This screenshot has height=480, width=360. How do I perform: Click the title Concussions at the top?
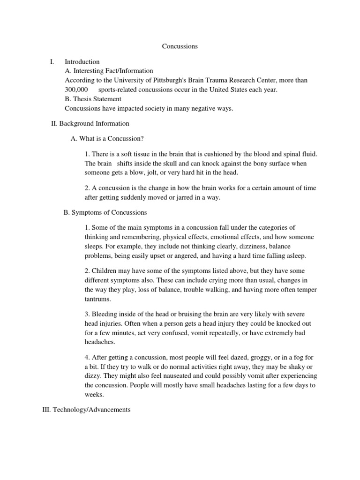coord(180,46)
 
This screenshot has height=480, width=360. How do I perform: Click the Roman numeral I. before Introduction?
coord(52,62)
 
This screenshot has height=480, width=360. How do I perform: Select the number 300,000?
coord(75,90)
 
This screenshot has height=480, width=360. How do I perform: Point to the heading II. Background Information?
coord(90,124)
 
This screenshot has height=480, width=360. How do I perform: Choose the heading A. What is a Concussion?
coord(107,139)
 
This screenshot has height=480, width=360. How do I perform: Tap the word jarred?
coord(187,197)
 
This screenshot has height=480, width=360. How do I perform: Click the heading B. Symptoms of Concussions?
coord(105,212)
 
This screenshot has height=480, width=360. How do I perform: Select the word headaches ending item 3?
coord(99,342)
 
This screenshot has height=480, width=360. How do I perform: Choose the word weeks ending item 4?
coord(94,394)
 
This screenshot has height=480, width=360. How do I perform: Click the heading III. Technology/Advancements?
coord(86,410)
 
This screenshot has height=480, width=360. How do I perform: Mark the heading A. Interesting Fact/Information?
coord(109,71)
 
